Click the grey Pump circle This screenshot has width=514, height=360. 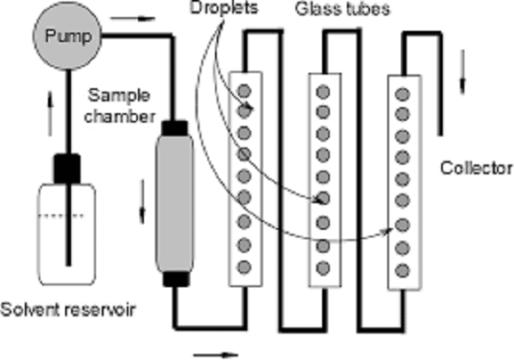coord(67,36)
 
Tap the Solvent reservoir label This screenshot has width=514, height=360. coord(68,309)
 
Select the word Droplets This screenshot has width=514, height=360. coord(224,8)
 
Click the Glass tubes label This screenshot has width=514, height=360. coord(343,9)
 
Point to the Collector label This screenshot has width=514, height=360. coord(476,168)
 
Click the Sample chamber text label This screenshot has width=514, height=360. coord(120,106)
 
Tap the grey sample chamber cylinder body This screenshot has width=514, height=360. coord(175,204)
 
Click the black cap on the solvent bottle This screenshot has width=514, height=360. coord(67,169)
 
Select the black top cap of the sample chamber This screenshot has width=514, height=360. coord(175,129)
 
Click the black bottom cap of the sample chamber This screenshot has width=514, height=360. coord(176,279)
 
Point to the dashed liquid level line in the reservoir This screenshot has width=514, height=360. coord(61,215)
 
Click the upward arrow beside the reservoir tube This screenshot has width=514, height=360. coord(51,114)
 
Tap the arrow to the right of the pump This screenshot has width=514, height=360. coord(133,18)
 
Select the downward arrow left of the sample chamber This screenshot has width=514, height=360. coord(142,201)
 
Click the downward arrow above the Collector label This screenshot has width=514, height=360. coord(463,71)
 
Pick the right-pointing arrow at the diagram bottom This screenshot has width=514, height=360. coord(216,354)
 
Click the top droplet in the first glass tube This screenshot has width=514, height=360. coord(244,91)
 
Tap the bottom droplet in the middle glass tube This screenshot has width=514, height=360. coord(323,268)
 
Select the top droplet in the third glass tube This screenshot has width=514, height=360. coord(403,94)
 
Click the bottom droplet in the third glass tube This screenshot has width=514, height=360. coord(403,271)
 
